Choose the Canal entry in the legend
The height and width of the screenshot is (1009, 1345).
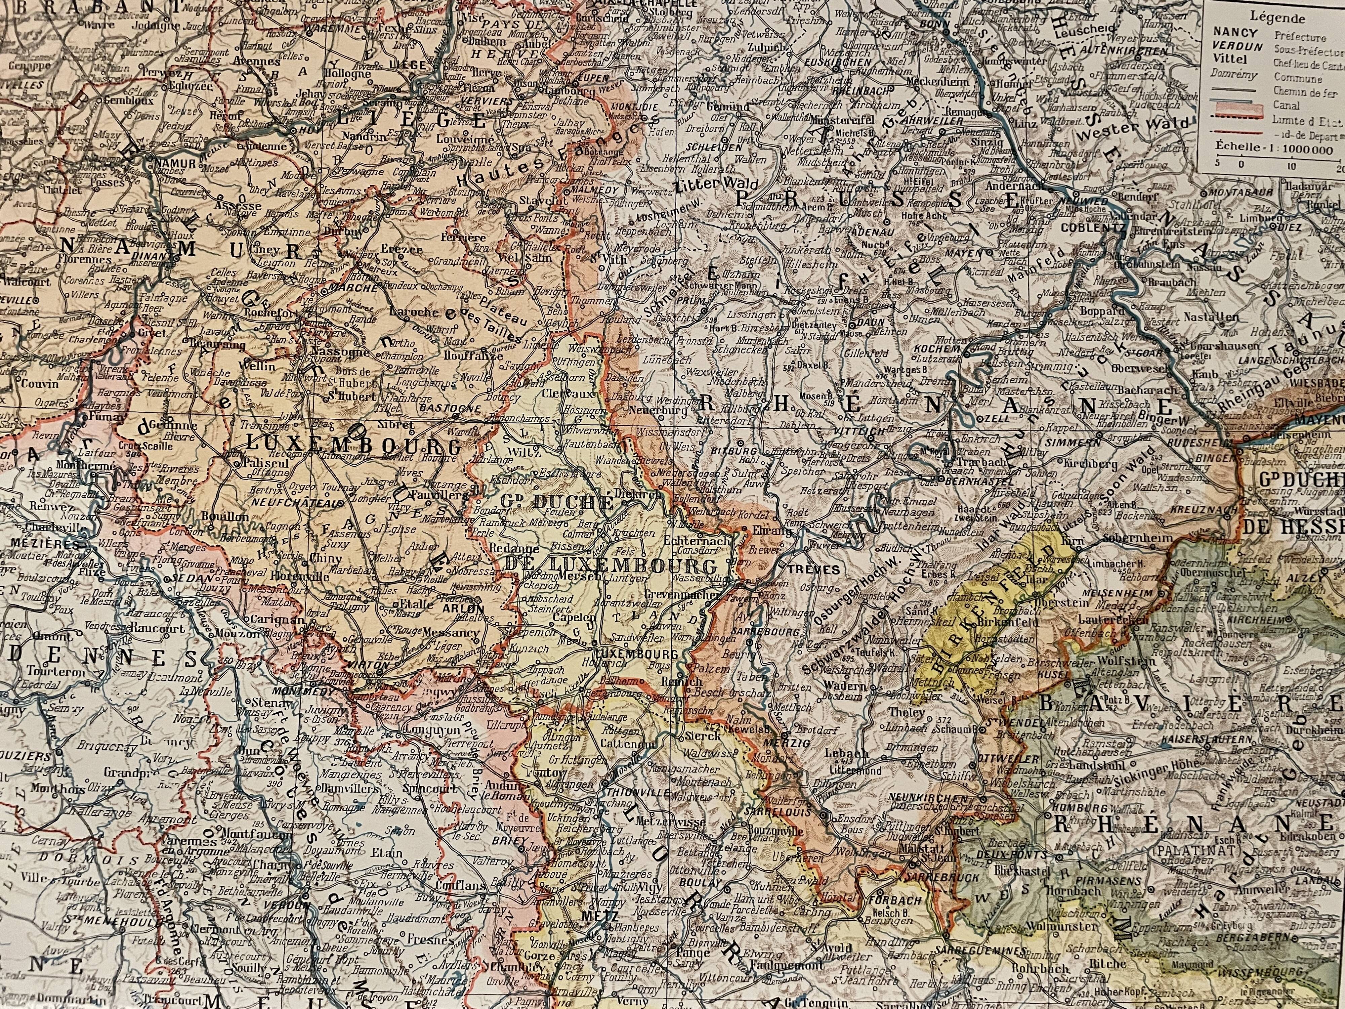1280,105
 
